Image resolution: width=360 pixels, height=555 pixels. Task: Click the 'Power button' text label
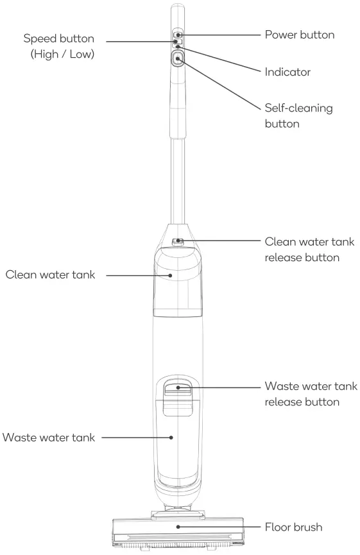[x=299, y=35]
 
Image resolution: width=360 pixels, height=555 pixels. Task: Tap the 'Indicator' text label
[x=287, y=73]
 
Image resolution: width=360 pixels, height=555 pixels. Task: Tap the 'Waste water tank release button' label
[x=311, y=395]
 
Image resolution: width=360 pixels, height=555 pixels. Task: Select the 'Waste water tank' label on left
[x=49, y=438]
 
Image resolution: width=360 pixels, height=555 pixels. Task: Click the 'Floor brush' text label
[x=293, y=527]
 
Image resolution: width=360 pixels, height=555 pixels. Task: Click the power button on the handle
[x=178, y=35]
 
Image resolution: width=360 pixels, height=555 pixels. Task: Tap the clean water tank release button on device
[x=178, y=243]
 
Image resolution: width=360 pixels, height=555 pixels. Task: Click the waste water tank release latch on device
[x=178, y=387]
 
